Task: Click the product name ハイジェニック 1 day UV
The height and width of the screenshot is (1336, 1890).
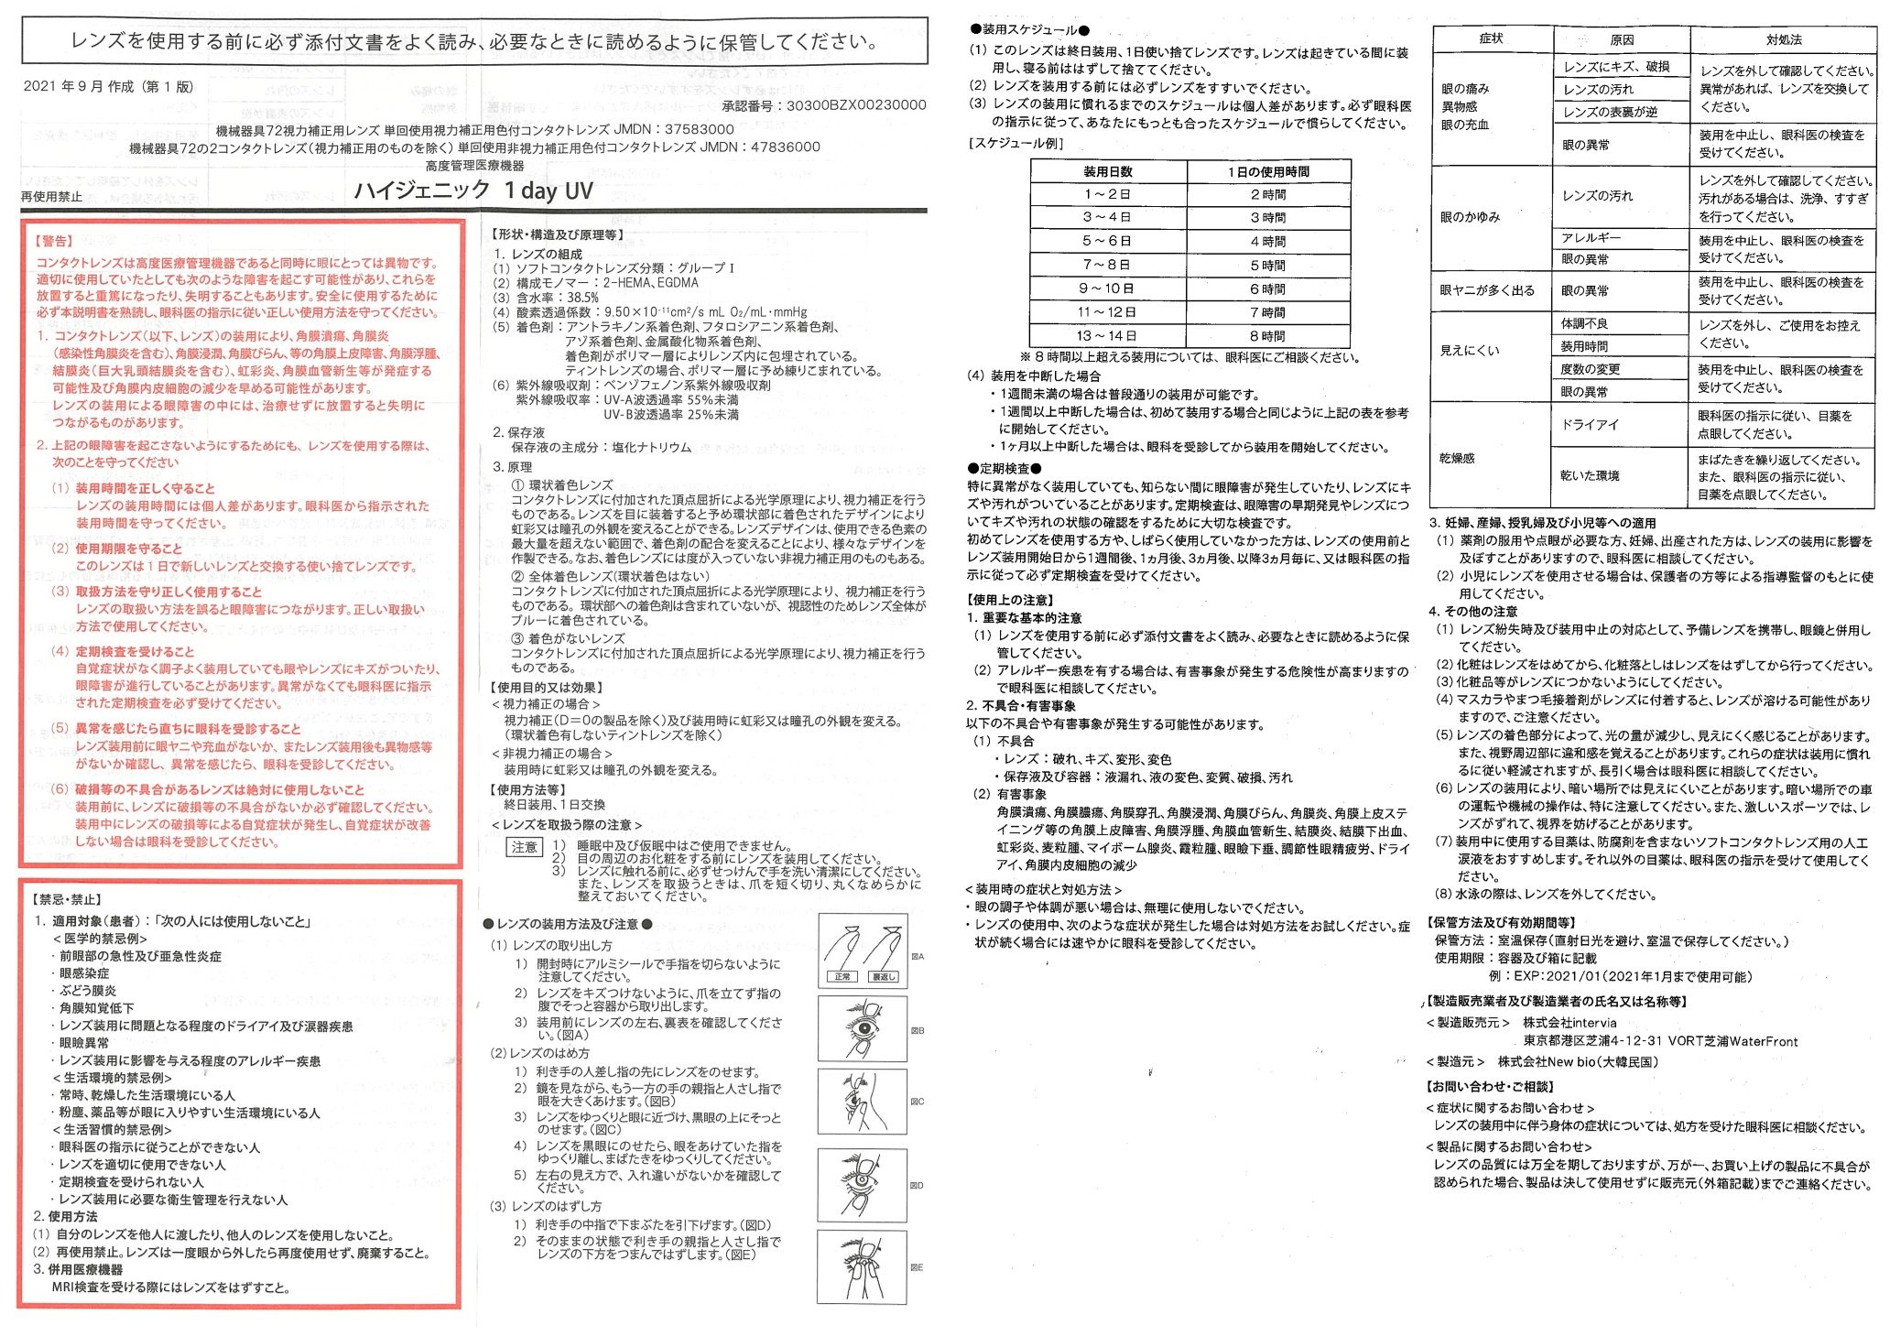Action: [x=473, y=190]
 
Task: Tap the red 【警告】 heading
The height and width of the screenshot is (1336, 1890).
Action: [x=53, y=241]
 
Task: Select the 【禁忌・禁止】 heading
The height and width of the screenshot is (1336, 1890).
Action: [x=68, y=900]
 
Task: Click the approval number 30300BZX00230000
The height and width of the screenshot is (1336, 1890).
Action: [x=856, y=105]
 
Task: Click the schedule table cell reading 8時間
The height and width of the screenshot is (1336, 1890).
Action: [x=1267, y=336]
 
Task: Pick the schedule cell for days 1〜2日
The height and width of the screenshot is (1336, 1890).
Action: [x=1107, y=194]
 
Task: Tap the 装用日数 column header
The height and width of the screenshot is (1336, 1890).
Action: [x=1107, y=171]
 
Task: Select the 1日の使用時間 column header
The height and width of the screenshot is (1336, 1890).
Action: [x=1267, y=171]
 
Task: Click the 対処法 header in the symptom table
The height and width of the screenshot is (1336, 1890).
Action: [x=1783, y=39]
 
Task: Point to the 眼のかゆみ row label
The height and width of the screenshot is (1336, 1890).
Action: [x=1470, y=217]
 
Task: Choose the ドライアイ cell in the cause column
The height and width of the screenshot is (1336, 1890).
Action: [x=1590, y=425]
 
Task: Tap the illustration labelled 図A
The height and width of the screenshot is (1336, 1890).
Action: [x=862, y=951]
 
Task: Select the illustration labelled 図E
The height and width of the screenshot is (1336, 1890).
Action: [x=862, y=1266]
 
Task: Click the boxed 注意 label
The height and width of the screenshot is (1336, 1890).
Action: [x=525, y=847]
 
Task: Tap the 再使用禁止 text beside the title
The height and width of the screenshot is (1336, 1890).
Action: [x=51, y=197]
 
